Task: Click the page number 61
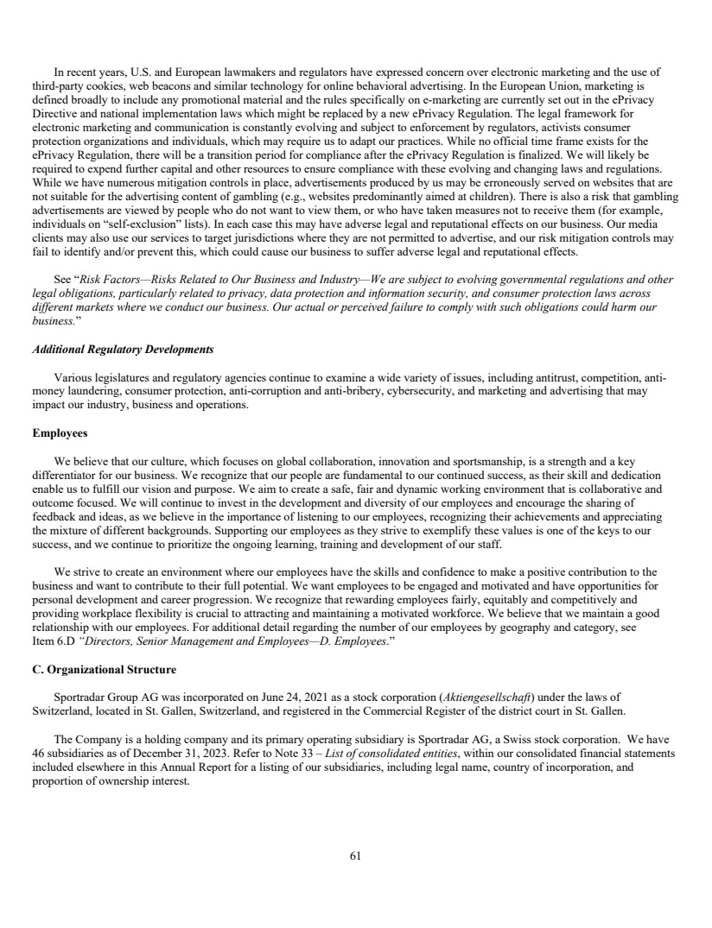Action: point(355,856)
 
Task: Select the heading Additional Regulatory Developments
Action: point(122,349)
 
